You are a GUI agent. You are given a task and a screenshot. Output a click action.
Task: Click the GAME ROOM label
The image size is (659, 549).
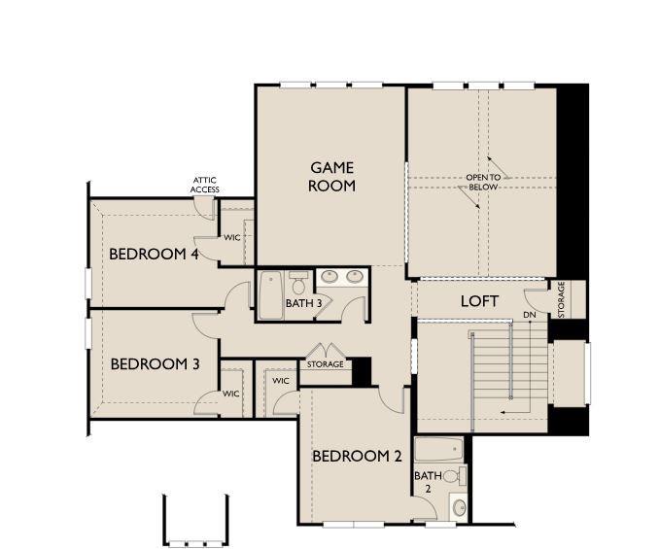331,176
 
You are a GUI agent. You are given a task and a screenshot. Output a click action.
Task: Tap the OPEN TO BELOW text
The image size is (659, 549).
483,183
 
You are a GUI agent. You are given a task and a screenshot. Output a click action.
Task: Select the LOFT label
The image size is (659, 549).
479,301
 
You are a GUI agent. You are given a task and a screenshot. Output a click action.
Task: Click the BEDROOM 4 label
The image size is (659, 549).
154,255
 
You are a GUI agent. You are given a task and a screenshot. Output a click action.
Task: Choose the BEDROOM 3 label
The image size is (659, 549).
155,364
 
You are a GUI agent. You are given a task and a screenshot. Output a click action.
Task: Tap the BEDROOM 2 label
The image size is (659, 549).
357,455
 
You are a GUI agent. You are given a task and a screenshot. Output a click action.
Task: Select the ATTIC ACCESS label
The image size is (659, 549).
205,185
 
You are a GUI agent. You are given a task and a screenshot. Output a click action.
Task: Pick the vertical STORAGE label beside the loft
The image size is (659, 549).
561,299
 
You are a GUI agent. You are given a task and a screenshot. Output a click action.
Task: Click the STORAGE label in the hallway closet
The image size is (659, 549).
325,364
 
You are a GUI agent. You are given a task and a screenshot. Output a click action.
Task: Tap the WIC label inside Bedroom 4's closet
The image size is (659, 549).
232,236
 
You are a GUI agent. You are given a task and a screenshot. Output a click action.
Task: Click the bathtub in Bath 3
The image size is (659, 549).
270,289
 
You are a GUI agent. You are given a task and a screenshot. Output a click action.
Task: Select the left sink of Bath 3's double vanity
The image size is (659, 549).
329,278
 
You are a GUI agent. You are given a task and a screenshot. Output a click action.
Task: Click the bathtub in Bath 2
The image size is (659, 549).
440,451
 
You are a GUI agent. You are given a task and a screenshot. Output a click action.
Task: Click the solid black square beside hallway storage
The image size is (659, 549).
361,370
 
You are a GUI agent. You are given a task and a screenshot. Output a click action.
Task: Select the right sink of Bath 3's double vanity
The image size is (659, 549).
354,278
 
